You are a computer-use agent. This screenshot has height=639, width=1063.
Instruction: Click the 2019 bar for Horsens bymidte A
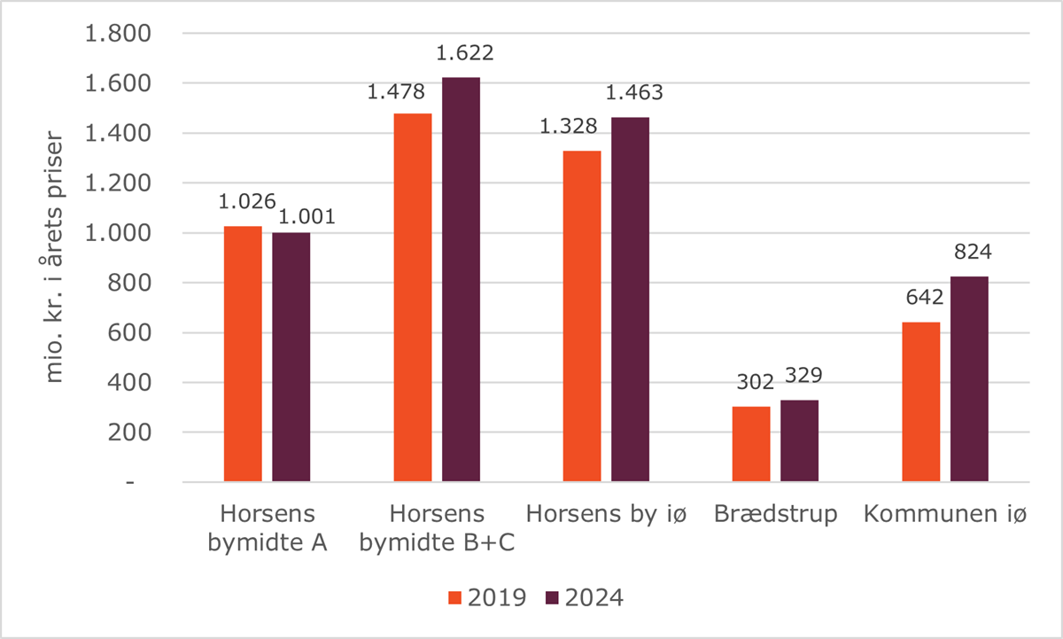coord(243,355)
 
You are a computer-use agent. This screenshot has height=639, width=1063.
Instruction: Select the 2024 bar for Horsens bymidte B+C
coord(461,280)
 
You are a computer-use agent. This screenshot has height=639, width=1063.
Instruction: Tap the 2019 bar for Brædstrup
coord(751,444)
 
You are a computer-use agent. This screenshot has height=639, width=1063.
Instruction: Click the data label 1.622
coord(464,53)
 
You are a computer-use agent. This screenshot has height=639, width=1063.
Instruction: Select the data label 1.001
coord(306,216)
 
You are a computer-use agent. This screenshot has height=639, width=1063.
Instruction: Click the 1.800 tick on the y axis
coord(118,34)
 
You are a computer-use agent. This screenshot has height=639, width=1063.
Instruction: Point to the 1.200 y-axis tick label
coord(118,183)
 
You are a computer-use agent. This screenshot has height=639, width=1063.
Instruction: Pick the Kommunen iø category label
coord(945,515)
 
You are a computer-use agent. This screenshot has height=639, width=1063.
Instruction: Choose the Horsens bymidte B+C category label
coord(437,528)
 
